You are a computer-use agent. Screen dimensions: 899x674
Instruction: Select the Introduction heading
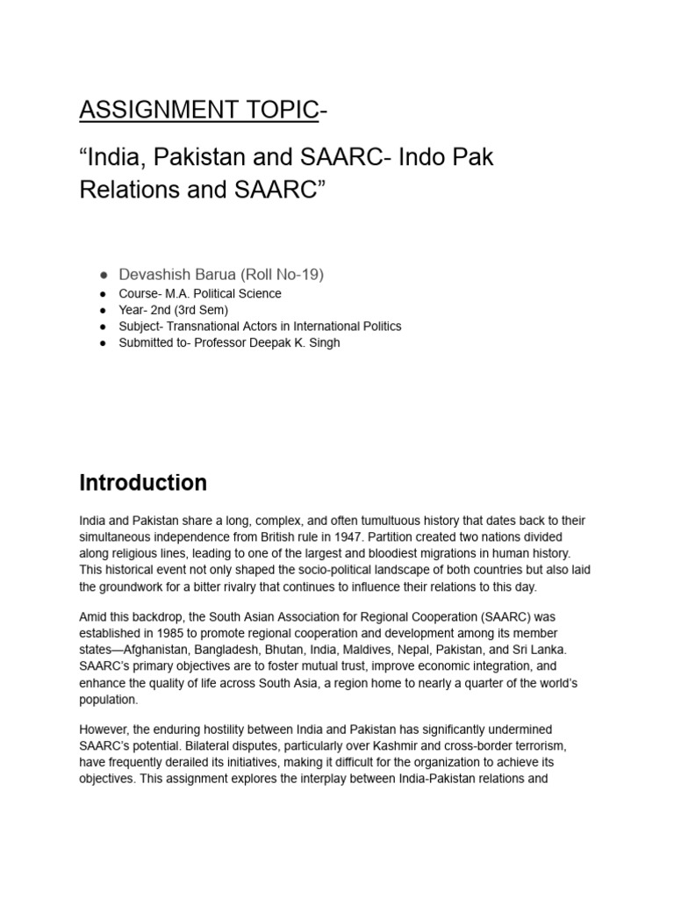click(x=143, y=483)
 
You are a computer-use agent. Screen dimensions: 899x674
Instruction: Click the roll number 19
click(x=311, y=274)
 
